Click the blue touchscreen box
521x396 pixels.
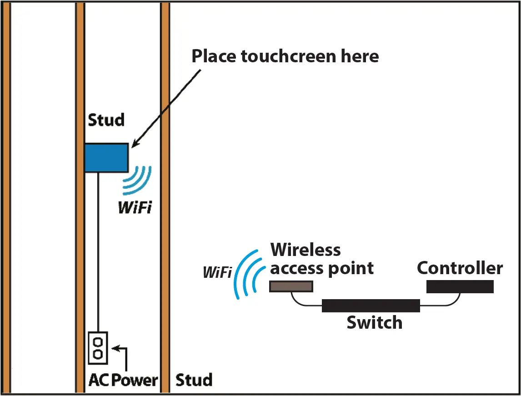[106, 157]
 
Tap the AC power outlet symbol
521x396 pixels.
[98, 347]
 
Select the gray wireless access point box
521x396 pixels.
[291, 286]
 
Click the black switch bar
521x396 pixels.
[371, 306]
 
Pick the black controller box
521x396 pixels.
[460, 286]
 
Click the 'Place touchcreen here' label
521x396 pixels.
[285, 56]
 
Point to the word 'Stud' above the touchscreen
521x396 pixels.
[105, 120]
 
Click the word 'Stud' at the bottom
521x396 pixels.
[194, 380]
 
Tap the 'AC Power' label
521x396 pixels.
[123, 380]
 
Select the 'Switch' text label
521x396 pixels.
[374, 323]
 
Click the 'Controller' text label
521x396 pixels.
[460, 268]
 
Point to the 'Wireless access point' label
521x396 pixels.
[321, 259]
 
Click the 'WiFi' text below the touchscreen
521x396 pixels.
[135, 208]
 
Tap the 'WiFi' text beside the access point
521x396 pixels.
[217, 273]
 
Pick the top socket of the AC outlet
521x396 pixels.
[98, 341]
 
